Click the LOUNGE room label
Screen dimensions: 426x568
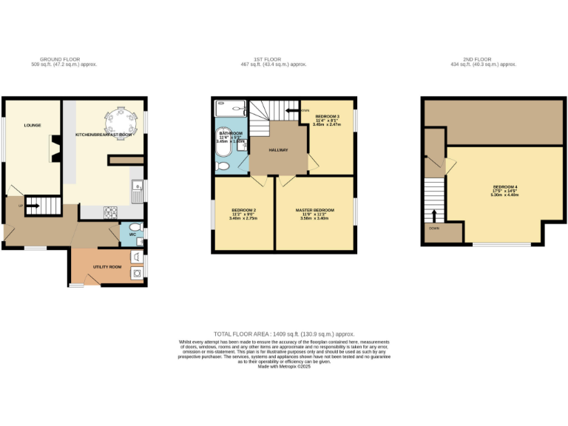(x=32, y=126)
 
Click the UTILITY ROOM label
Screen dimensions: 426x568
(x=106, y=266)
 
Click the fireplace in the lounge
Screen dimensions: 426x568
(x=55, y=149)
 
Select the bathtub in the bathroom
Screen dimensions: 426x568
(x=223, y=146)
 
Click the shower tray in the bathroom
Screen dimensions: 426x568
(x=230, y=109)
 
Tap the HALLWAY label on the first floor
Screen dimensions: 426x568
(x=278, y=151)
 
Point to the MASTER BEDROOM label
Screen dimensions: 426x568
(x=314, y=210)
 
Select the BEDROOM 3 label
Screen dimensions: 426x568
(x=328, y=117)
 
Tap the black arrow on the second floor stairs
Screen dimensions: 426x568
(x=434, y=215)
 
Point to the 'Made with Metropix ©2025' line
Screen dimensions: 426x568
(x=284, y=367)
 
